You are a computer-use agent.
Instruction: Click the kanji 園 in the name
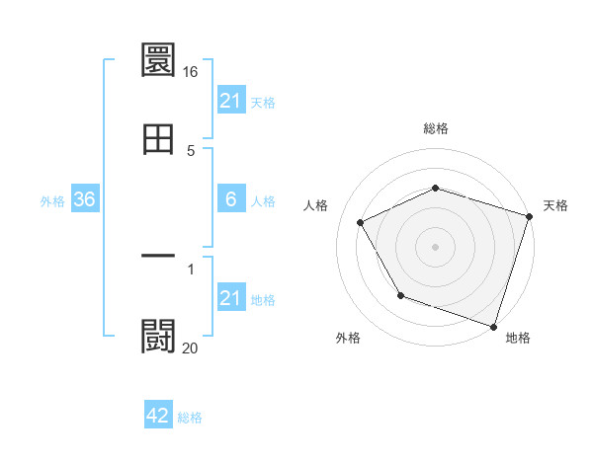(x=159, y=61)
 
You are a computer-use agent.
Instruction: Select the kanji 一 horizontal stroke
(x=159, y=256)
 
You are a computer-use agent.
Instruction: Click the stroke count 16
(x=191, y=73)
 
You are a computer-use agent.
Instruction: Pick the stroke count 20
(x=191, y=348)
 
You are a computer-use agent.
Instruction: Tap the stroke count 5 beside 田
(x=191, y=151)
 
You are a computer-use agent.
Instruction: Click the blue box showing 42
(x=158, y=416)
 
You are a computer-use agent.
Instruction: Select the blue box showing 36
(x=85, y=199)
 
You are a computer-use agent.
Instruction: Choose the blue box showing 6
(x=231, y=199)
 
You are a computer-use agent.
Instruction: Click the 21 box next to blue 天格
(x=231, y=100)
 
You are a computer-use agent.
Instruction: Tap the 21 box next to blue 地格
(x=231, y=298)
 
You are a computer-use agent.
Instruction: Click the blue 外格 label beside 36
(x=52, y=200)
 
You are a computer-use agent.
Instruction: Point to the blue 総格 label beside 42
(x=190, y=417)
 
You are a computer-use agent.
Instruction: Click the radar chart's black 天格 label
(x=555, y=205)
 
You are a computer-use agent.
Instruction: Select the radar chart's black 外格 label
(x=348, y=339)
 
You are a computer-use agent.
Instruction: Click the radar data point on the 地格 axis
(x=493, y=326)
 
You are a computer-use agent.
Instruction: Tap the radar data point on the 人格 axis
(x=361, y=223)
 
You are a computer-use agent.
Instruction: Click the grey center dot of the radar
(x=435, y=246)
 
